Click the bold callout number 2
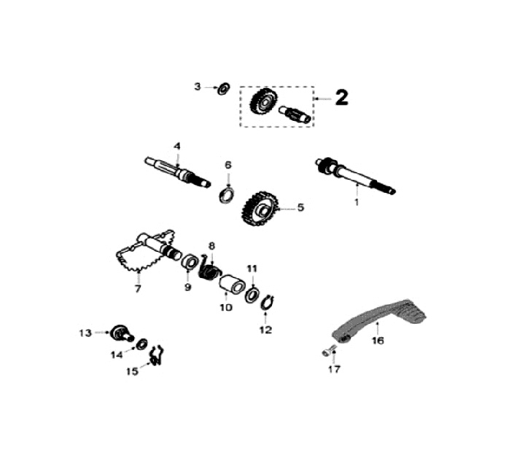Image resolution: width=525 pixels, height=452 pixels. [342, 98]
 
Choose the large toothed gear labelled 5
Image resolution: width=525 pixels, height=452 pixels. [259, 209]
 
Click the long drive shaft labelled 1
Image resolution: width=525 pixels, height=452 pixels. [356, 175]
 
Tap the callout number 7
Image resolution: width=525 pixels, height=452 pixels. [138, 288]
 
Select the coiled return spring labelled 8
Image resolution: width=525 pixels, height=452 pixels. [210, 266]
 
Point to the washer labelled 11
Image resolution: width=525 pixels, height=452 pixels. [252, 294]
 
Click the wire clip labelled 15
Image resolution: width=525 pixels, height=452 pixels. [157, 355]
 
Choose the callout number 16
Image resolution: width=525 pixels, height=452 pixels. [378, 341]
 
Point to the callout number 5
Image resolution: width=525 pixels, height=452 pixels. [300, 207]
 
